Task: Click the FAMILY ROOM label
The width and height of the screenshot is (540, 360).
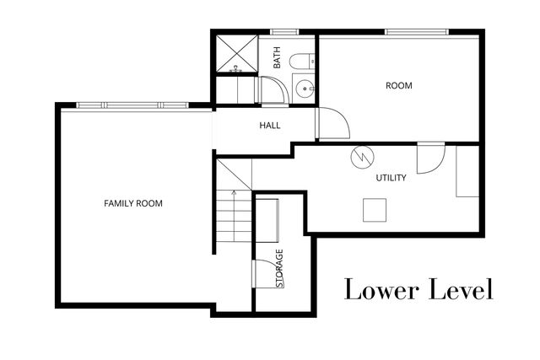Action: click(132, 203)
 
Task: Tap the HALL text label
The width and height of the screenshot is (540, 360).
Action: click(269, 126)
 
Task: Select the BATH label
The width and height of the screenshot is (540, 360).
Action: click(276, 58)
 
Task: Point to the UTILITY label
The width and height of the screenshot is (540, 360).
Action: click(391, 178)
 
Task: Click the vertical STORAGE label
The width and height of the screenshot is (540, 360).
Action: click(280, 269)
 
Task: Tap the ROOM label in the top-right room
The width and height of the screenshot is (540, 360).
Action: click(398, 85)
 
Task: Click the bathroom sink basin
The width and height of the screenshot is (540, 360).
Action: click(304, 85)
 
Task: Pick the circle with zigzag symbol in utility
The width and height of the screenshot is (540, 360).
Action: click(359, 157)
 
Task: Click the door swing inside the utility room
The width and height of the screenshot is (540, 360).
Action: click(429, 158)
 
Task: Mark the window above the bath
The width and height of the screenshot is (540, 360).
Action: click(283, 32)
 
